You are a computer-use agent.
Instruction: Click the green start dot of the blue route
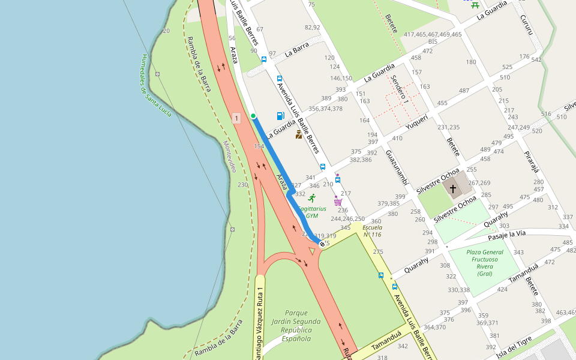coord(253,116)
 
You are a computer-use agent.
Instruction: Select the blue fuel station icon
coord(280,116)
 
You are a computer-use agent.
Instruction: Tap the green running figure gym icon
coord(311,198)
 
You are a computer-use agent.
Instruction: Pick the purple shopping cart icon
coord(338,202)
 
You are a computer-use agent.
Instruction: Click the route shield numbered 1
coord(237,118)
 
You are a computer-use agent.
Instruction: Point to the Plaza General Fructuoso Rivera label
coord(484,263)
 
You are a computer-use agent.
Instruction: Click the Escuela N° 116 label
coord(372,231)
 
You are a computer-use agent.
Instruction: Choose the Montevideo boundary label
coord(229,157)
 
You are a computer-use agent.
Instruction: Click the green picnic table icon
coord(475,4)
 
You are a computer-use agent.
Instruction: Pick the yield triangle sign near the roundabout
coord(311,251)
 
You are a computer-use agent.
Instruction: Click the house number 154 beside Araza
coord(259,146)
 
